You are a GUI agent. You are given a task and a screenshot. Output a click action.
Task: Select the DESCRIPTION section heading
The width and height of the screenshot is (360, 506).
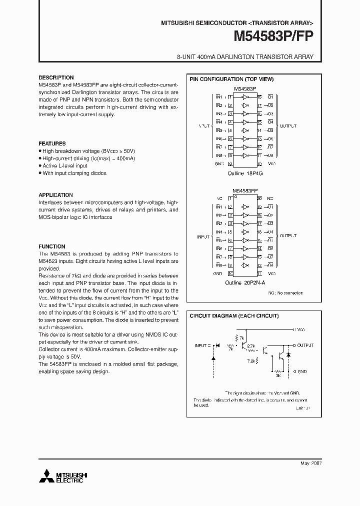56,77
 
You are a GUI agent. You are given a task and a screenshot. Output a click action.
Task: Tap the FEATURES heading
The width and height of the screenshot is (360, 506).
52,143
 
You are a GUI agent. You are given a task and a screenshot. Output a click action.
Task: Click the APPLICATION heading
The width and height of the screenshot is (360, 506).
55,195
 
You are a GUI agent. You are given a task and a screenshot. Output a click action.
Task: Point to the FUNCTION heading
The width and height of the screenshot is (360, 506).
52,246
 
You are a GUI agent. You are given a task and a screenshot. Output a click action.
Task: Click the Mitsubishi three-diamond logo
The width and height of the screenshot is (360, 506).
46,476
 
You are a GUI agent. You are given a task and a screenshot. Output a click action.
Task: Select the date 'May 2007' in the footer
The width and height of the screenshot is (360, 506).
310,463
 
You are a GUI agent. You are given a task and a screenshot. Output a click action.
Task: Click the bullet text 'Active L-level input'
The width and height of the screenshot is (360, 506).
64,165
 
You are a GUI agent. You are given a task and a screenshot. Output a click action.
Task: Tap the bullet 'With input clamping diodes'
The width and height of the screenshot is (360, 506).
74,173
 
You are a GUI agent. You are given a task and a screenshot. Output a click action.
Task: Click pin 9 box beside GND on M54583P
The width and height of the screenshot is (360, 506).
230,163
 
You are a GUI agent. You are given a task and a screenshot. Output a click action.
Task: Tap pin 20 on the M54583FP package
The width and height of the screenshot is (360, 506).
259,198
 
